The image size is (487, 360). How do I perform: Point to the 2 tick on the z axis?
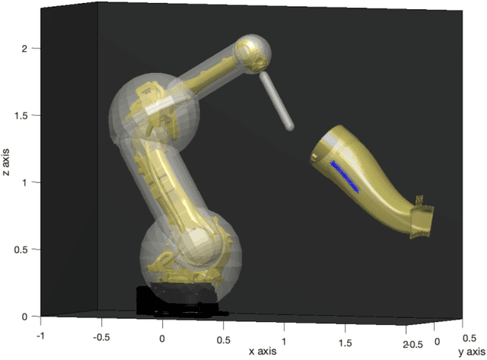(x=26, y=49)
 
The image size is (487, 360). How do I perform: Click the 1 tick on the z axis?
(x=26, y=183)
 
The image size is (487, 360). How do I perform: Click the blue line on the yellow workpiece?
(x=345, y=177)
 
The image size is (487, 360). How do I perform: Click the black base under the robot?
(x=174, y=300)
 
